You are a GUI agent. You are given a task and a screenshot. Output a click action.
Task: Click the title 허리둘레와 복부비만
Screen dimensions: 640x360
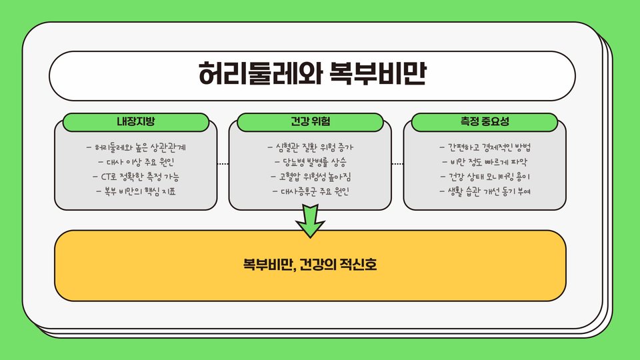(312, 75)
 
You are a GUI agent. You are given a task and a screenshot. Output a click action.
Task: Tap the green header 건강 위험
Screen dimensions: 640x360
(311, 122)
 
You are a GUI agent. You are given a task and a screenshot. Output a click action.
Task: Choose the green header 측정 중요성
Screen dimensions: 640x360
(485, 122)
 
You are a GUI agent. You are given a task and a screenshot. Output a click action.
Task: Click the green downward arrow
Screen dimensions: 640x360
(310, 221)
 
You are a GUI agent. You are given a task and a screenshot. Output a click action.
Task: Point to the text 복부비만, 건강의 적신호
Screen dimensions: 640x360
(310, 265)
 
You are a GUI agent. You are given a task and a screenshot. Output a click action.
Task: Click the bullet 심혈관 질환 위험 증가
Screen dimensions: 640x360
(311, 147)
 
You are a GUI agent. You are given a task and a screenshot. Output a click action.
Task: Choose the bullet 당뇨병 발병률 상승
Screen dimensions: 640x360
(311, 161)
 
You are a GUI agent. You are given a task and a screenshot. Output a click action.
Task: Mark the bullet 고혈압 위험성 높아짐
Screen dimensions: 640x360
(311, 177)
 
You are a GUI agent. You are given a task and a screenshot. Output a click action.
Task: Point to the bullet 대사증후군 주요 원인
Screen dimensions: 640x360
(311, 192)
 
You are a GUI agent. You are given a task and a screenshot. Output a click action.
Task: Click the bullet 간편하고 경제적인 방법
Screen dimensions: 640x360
(485, 147)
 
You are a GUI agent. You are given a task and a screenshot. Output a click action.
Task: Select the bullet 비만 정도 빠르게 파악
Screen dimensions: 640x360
(485, 161)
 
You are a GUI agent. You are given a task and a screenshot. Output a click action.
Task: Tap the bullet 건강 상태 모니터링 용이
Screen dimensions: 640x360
(485, 177)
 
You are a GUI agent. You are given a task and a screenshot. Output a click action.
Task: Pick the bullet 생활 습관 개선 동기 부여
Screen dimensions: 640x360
(485, 192)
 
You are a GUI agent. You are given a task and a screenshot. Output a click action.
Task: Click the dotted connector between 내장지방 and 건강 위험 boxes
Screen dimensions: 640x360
(223, 163)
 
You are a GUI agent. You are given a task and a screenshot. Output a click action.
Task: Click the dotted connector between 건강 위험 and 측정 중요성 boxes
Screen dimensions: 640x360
(397, 163)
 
